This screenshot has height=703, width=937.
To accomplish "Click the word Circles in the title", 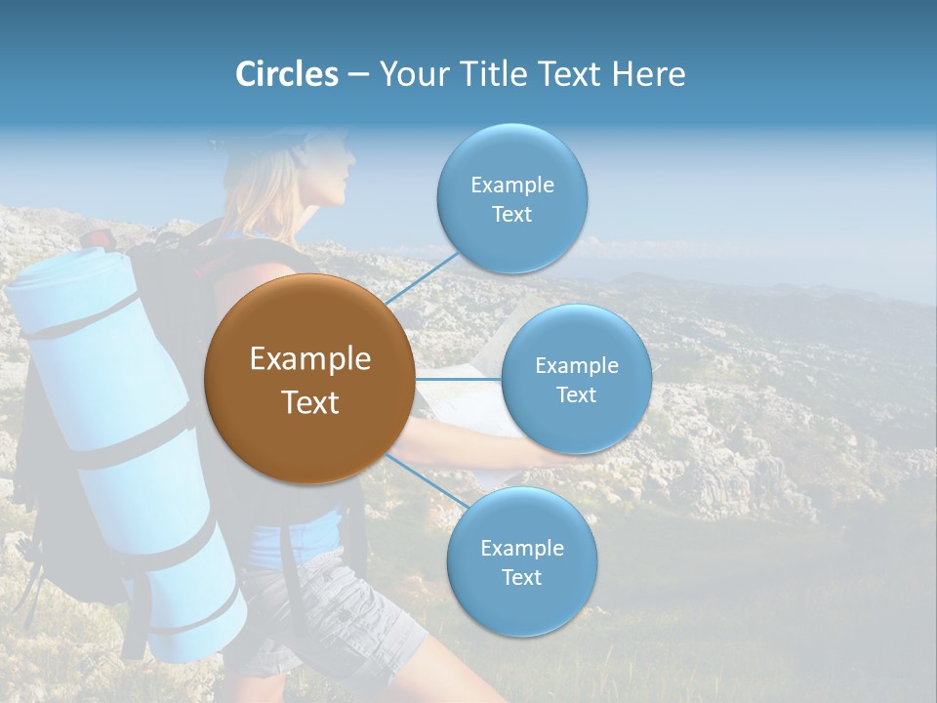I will tap(286, 74).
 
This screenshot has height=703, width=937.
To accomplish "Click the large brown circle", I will tap(309, 379).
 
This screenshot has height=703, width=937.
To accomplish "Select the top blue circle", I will tap(511, 199).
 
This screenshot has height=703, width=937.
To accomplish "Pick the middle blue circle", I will tap(576, 379).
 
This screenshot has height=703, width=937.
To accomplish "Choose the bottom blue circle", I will tap(521, 562).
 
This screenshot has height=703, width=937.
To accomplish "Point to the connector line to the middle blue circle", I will tap(459, 379).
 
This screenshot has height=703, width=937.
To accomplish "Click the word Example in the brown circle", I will tap(309, 359).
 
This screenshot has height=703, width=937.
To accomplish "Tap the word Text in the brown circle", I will tap(309, 402).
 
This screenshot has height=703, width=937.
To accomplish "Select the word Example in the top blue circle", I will tap(511, 185).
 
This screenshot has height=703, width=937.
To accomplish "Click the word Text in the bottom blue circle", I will tap(521, 577).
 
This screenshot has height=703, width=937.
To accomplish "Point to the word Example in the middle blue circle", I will tap(576, 365).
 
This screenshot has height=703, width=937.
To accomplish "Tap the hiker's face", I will tap(332, 176).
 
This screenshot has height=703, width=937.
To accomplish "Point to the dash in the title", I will tap(358, 75).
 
